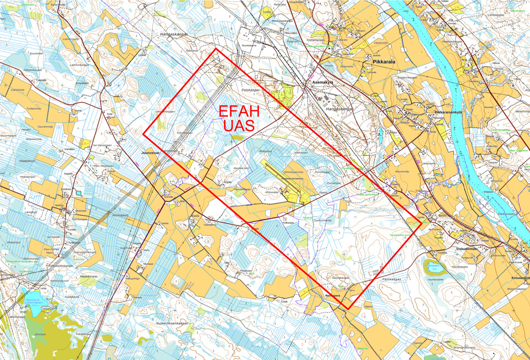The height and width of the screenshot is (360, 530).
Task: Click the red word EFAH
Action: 239,112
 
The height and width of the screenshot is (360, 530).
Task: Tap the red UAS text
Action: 239,125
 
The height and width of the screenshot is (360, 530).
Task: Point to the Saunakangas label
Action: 340,278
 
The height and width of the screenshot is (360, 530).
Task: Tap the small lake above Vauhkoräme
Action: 434,267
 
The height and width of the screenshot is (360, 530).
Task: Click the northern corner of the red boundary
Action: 215,49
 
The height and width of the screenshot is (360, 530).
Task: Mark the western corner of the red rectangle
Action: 144,134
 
